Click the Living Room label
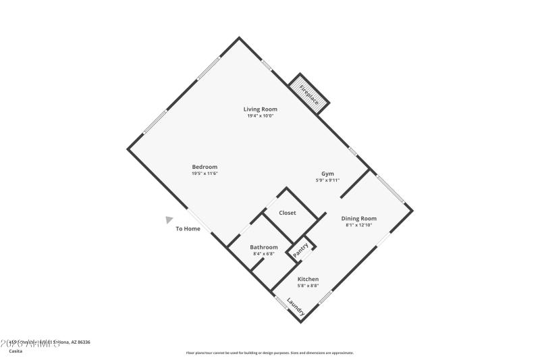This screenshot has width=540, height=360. (260, 109)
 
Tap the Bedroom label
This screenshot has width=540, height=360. (205, 167)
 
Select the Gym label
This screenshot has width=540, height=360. (327, 174)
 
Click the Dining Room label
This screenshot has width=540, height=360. (358, 218)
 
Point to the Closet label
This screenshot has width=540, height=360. (288, 213)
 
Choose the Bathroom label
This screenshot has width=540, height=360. (264, 247)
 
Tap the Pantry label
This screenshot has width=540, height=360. (301, 249)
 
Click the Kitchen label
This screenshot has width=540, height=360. (308, 279)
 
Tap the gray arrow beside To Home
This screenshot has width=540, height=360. (169, 219)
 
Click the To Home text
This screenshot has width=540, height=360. (188, 228)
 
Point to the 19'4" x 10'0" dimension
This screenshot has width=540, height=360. (260, 115)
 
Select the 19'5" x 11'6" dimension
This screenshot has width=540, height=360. (205, 174)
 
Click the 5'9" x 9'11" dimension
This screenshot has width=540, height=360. (327, 180)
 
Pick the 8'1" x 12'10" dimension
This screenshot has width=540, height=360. (358, 225)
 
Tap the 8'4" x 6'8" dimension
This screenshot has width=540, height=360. (264, 254)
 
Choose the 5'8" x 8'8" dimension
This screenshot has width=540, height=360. (308, 286)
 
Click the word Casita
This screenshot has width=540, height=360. (15, 351)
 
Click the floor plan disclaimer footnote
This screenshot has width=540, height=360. (269, 353)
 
